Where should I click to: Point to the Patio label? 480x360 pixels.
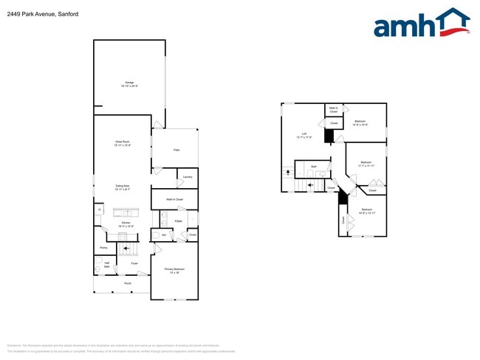(176, 150)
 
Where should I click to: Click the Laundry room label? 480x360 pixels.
(188, 177)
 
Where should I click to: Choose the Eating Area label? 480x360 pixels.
(123, 187)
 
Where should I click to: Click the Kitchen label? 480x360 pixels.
(126, 224)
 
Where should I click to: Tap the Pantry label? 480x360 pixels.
(103, 248)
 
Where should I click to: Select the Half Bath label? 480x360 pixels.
(106, 265)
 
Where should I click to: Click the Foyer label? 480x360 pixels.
(134, 263)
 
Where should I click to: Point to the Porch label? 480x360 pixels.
(128, 283)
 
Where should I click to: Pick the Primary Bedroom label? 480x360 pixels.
(174, 271)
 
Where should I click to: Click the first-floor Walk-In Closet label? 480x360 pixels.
(174, 199)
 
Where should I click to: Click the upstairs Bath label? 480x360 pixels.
(314, 167)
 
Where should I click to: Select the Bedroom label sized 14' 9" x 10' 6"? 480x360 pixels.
(360, 122)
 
